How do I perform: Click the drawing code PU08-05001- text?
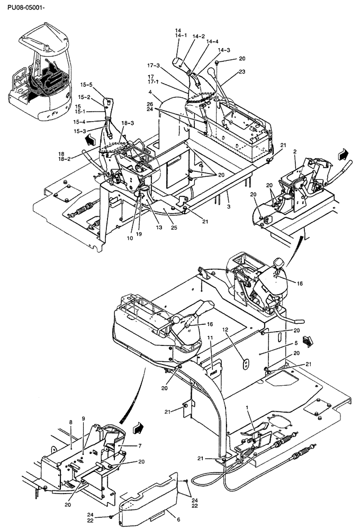(x=22, y=8)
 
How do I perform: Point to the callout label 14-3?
(x=223, y=50)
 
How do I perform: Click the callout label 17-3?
(x=154, y=66)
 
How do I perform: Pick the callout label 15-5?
(x=86, y=85)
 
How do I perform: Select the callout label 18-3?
(x=128, y=123)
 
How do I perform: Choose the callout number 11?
(x=210, y=337)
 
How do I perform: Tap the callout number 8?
(x=70, y=422)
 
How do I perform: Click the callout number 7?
(x=140, y=446)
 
